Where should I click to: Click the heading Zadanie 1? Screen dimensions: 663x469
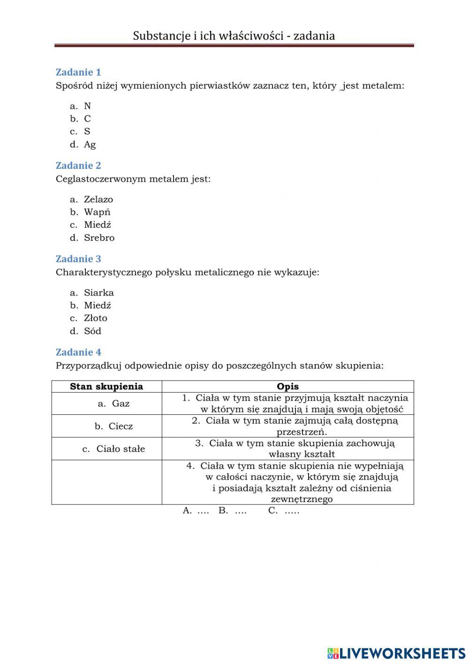78,72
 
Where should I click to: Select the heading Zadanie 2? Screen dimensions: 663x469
78,166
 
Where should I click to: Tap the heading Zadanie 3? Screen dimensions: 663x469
78,259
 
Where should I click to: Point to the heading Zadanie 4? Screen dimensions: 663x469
78,352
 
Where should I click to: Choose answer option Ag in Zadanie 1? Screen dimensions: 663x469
90,145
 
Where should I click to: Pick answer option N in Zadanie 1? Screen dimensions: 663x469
87,106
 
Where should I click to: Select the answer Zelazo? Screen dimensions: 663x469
98,199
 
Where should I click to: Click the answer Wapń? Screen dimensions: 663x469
97,212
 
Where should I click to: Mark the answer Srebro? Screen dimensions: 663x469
99,238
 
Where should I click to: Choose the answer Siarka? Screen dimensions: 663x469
98,293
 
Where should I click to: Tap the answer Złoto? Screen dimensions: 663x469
96,318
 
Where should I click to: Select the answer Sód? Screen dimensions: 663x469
92,331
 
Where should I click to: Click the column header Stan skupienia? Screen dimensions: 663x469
106,387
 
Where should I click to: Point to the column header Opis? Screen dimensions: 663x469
287,387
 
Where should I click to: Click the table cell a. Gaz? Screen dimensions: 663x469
114,404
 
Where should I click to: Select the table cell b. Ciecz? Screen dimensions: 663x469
114,427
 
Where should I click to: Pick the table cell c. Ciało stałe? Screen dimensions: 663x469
114,449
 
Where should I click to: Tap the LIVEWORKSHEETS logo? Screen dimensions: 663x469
396,653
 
